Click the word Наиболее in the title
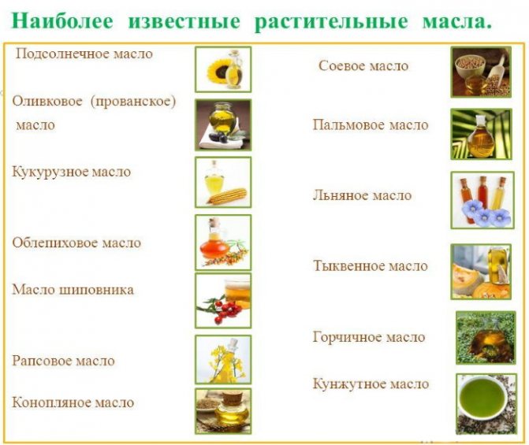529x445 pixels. [62, 21]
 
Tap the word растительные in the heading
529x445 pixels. [331, 22]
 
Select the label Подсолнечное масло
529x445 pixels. [84, 54]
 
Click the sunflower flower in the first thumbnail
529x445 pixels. [218, 71]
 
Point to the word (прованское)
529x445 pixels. [133, 102]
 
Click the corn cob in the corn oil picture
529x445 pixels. [227, 196]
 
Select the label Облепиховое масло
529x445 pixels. [76, 243]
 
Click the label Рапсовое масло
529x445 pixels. [63, 361]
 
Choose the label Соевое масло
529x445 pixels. [363, 65]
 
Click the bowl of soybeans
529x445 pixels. [470, 65]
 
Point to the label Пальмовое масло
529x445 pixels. [371, 125]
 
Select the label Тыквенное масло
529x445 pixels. [371, 266]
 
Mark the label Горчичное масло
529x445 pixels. [369, 337]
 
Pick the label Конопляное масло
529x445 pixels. [73, 402]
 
